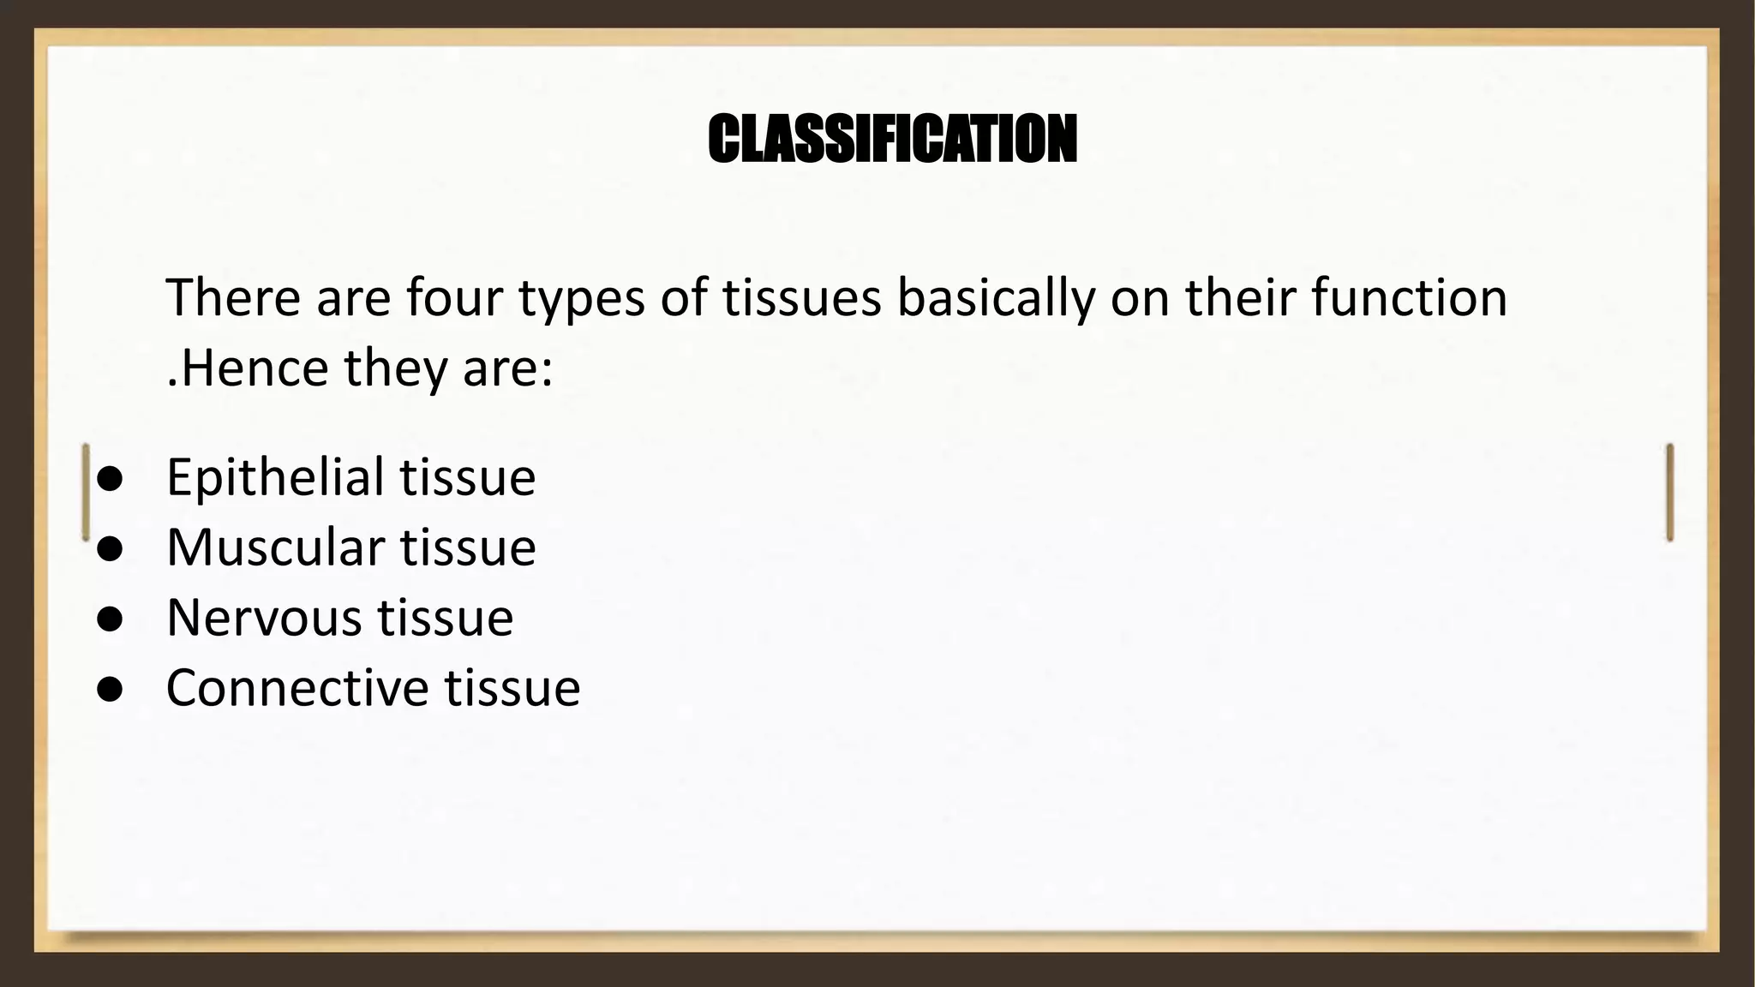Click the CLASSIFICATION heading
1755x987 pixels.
pyautogui.click(x=892, y=139)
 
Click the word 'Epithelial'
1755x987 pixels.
pyautogui.click(x=275, y=477)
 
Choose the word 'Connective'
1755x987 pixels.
pyautogui.click(x=297, y=688)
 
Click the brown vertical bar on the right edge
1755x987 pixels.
pyautogui.click(x=1669, y=492)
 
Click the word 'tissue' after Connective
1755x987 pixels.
pyautogui.click(x=512, y=688)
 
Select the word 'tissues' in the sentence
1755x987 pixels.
pyautogui.click(x=801, y=297)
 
